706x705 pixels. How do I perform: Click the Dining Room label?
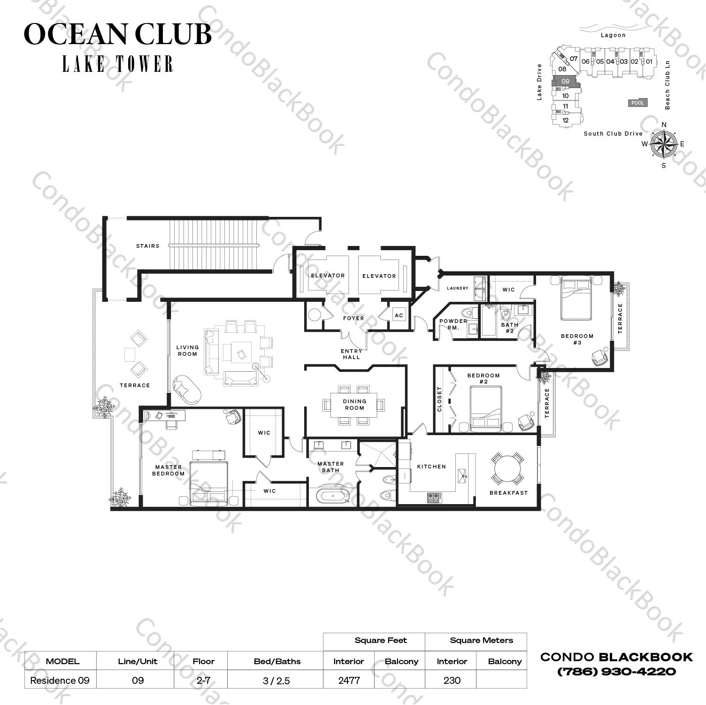point(354,405)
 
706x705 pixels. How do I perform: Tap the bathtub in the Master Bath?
point(332,496)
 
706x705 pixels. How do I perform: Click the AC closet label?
point(399,315)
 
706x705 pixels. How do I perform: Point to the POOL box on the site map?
point(637,103)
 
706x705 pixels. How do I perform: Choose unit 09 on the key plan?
point(566,82)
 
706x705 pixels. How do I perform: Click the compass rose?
point(664,144)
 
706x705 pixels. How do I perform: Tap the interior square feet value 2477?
point(349,680)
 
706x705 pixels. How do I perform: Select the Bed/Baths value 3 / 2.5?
point(277,680)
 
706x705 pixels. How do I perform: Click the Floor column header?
point(203,661)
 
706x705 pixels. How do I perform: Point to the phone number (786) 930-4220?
point(616,672)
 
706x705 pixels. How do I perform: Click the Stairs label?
point(148,246)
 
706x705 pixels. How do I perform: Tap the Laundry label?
point(458,288)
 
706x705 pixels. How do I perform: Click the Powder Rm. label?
point(453,324)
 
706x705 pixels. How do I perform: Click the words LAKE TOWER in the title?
point(118,64)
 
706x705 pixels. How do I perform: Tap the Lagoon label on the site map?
point(613,35)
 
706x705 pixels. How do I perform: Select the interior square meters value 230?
point(452,680)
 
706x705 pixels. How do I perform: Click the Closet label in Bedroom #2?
point(440,399)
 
